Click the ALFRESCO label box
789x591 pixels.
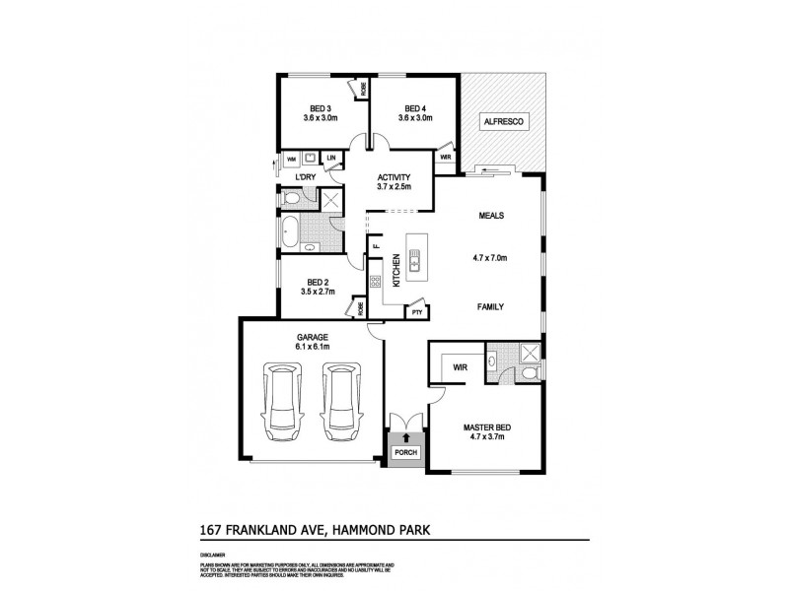(x=504, y=121)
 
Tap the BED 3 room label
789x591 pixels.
(x=320, y=108)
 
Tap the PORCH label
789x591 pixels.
(x=405, y=452)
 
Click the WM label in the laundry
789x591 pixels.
(x=292, y=158)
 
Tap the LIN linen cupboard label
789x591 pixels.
(x=331, y=158)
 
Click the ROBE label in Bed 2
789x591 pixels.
(x=362, y=307)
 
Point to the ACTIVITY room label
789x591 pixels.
(x=394, y=177)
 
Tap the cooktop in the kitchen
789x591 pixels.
(x=376, y=282)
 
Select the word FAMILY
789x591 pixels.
(x=490, y=306)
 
